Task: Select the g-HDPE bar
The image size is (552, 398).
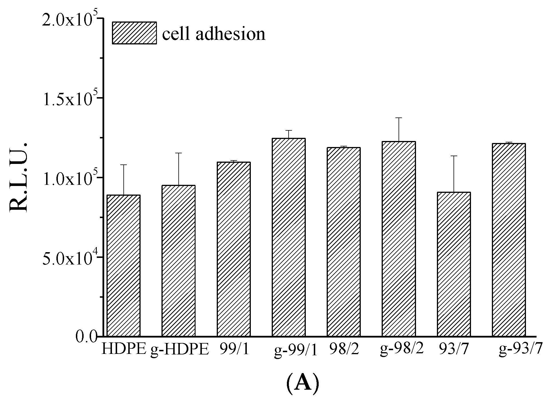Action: [x=179, y=260]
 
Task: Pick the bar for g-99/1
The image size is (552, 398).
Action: [x=289, y=237]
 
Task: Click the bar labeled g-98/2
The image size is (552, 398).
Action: [x=399, y=238]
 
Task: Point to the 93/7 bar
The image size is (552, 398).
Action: [x=454, y=264]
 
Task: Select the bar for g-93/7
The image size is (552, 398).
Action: [x=509, y=240]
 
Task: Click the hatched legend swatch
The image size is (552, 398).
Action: [x=134, y=33]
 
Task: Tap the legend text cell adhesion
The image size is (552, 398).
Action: [x=214, y=34]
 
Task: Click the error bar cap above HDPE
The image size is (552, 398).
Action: [x=124, y=165]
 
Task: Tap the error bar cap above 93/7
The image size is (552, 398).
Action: [x=454, y=156]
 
